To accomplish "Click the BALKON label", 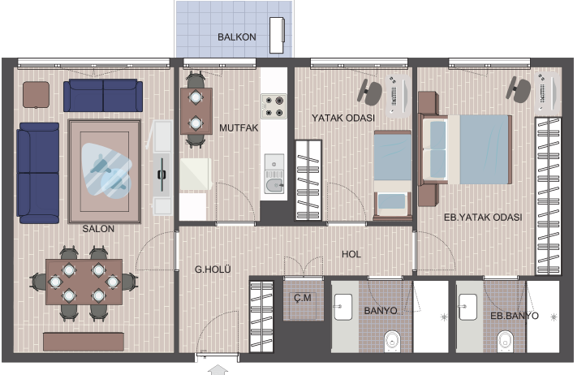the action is tap(236, 37).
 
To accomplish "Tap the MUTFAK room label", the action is tap(239, 128).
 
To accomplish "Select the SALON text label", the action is tap(98, 228).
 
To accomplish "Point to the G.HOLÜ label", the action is tap(213, 269).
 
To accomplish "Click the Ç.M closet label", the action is tap(303, 298).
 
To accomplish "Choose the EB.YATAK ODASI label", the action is tap(483, 218).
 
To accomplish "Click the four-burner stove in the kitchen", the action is tap(274, 106).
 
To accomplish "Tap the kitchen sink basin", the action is tap(274, 185).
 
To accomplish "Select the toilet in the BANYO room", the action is tap(392, 341).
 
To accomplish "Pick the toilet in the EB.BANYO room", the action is tap(505, 341).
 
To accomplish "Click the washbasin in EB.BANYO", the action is tap(468, 307).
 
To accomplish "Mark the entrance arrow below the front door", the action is tap(218, 370).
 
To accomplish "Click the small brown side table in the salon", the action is tap(37, 95).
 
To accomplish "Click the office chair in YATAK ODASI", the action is tap(370, 92).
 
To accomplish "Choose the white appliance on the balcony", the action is tap(277, 35).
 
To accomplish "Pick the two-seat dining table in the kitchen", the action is tap(196, 111).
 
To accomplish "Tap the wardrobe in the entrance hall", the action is tap(261, 317).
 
